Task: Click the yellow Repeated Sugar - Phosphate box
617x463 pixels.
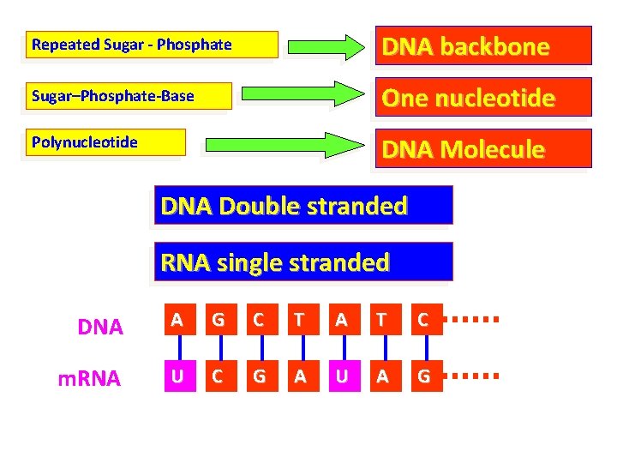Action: (x=153, y=45)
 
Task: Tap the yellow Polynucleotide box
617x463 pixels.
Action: (x=106, y=142)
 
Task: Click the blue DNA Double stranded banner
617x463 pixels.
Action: (x=303, y=207)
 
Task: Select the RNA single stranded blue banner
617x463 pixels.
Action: (x=303, y=262)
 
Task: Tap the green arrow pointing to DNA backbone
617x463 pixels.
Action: (x=325, y=46)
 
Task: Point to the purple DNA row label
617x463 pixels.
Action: (x=100, y=327)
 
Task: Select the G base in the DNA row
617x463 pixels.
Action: (x=219, y=321)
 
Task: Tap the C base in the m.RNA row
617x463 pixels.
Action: (x=219, y=376)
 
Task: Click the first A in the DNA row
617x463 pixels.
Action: (x=177, y=321)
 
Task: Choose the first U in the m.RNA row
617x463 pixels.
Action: (x=177, y=376)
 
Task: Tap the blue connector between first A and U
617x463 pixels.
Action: (x=177, y=348)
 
